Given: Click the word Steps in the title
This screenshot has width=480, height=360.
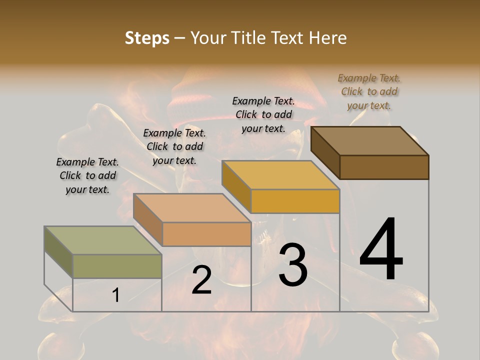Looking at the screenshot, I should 147,38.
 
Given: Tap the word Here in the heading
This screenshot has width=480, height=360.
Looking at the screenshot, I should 328,38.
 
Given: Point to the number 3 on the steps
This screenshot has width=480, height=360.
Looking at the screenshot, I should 293,264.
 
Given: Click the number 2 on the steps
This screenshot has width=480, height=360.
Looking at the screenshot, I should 201,280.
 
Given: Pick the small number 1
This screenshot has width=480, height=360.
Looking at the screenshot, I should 115,295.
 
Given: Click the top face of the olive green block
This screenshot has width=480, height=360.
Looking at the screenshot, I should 103,240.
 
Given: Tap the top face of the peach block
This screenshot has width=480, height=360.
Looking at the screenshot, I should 192,208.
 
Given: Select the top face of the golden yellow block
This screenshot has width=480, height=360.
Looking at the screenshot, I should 280,175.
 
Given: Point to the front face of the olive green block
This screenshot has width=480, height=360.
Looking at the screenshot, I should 117,266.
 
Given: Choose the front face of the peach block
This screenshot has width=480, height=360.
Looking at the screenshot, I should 206,234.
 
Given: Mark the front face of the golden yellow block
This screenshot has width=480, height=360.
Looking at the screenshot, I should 295,201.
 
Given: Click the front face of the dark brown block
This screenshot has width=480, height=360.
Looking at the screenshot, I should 384,167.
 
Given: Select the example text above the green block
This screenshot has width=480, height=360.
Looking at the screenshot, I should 87,175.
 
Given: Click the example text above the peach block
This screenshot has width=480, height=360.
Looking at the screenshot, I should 174,146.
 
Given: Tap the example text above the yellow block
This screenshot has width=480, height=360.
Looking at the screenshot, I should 263,114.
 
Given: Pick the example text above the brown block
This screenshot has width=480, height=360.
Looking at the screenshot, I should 369,91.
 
